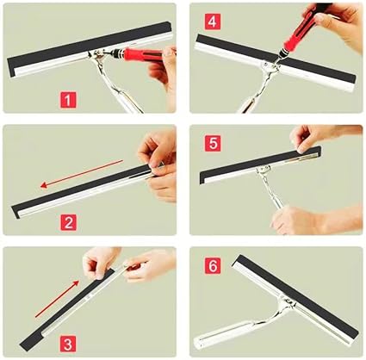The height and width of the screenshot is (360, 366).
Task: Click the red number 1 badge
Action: [68, 100]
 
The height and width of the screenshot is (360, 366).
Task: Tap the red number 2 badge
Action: [68, 222]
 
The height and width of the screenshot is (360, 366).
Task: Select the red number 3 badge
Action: [68, 344]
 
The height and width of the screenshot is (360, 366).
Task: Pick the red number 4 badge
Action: [213, 22]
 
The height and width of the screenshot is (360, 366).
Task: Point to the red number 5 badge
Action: [213, 143]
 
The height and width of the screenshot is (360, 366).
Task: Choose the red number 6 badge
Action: [213, 265]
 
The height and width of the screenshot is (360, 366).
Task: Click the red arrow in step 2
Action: [82, 174]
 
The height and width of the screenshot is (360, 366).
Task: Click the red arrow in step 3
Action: [57, 299]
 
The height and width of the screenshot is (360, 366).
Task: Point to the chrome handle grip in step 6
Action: [221, 334]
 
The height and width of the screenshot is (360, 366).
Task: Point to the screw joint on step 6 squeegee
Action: [289, 302]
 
